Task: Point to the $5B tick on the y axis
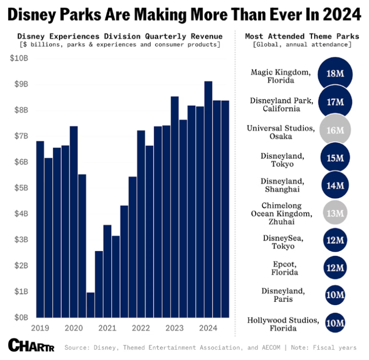point(21,188)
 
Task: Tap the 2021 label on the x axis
point(107,328)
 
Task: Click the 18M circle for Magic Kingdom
point(335,74)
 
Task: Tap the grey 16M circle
point(335,130)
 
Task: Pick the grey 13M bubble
point(335,212)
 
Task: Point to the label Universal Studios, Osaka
point(280,132)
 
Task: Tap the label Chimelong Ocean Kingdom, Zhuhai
point(280,214)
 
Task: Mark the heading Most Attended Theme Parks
point(302,36)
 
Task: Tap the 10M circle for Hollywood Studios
point(335,323)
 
